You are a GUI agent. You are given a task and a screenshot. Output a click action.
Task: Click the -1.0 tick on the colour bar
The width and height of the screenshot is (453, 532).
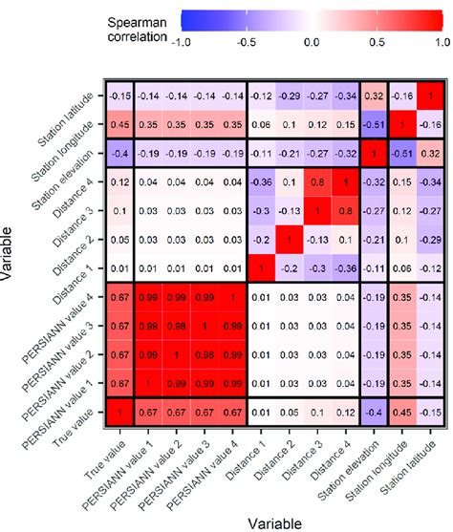click(182, 43)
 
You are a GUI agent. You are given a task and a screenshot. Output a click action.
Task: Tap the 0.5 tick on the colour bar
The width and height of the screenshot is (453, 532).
click(376, 43)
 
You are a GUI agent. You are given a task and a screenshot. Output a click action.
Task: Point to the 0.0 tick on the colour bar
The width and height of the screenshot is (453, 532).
click(311, 43)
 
